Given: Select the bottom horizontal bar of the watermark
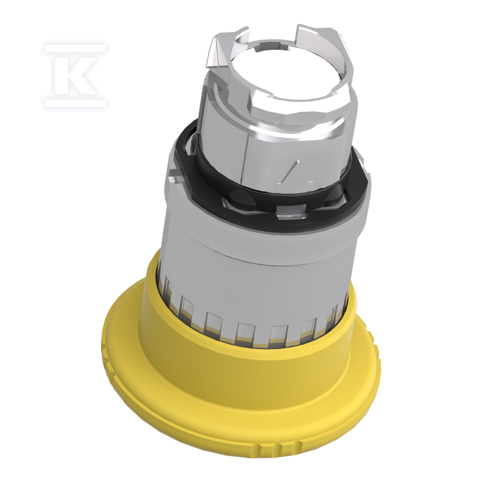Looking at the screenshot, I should tap(75, 103).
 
